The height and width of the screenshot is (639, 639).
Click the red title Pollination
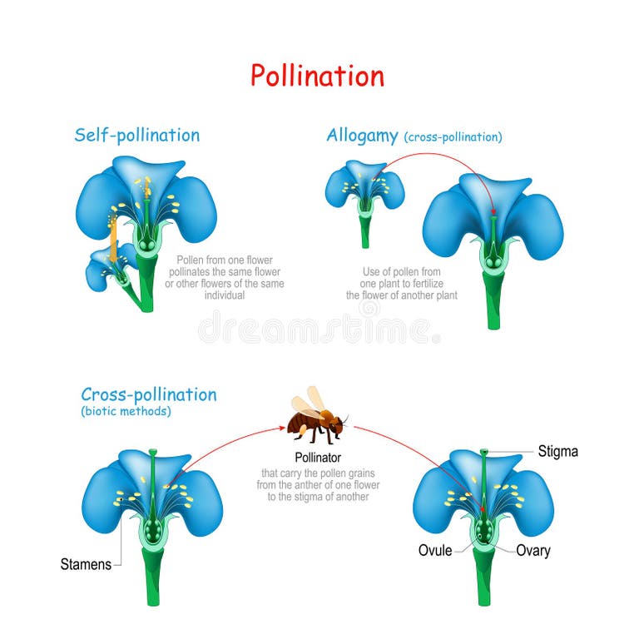click(318, 76)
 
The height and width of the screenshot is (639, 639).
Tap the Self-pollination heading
click(137, 135)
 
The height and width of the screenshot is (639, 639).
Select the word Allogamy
click(362, 135)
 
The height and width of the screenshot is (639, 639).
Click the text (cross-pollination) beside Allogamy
click(453, 136)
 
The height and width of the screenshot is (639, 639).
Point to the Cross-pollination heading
click(149, 394)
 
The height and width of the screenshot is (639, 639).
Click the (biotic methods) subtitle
click(126, 411)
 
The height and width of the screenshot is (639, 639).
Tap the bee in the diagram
click(315, 419)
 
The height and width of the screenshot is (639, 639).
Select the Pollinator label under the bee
click(318, 457)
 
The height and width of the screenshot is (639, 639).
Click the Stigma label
click(557, 452)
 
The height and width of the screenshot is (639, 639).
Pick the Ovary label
click(532, 550)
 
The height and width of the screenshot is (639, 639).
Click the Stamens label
click(86, 564)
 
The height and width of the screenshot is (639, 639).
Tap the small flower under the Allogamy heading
click(364, 188)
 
